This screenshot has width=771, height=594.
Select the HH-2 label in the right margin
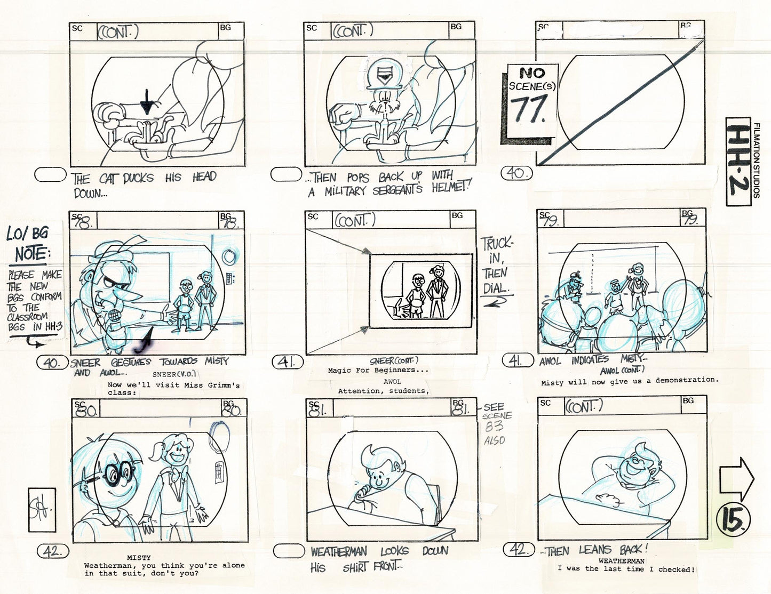point(741,160)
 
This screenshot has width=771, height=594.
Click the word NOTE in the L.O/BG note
point(30,254)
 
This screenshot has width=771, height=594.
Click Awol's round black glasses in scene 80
point(117,472)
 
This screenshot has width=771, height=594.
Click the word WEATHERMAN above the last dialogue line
point(621,561)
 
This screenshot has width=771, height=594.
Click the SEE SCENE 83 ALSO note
point(497,424)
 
